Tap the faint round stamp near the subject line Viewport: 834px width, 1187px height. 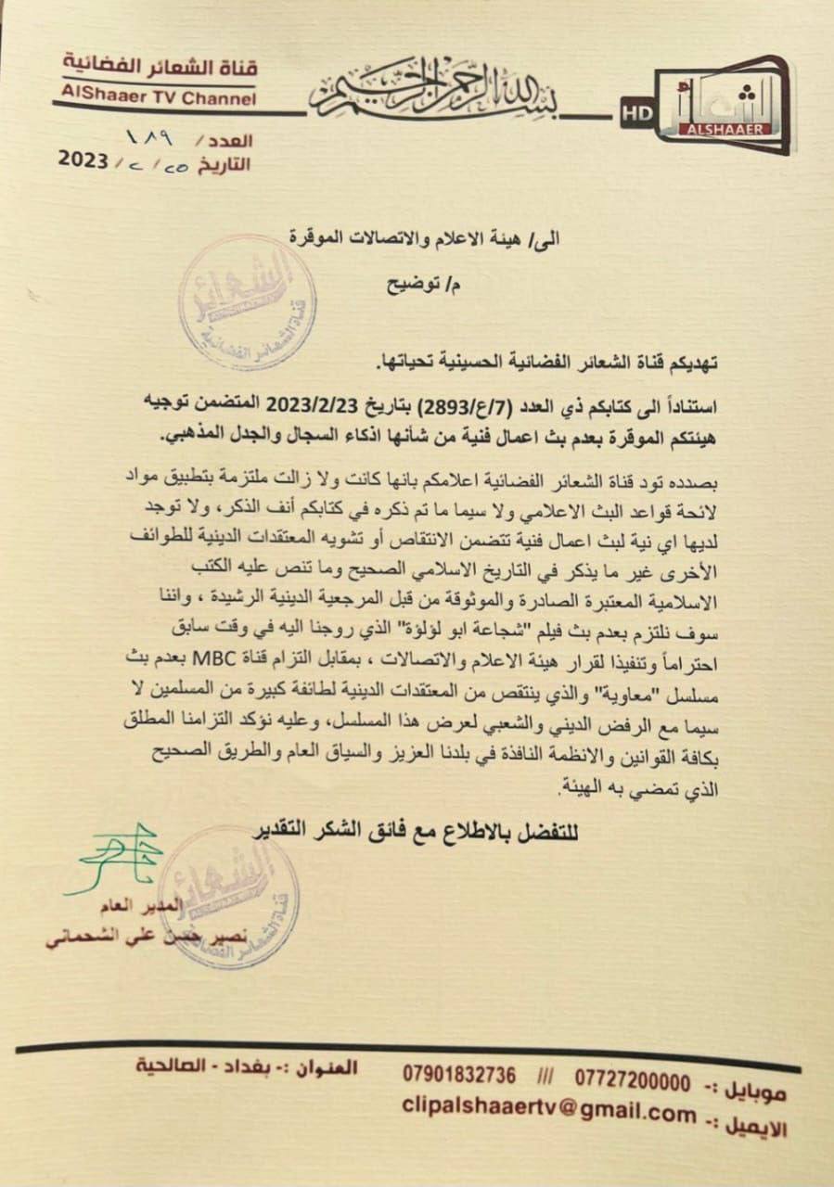(x=247, y=302)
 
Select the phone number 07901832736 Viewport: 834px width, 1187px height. (x=459, y=1075)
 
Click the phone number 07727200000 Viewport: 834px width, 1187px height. (x=633, y=1081)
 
